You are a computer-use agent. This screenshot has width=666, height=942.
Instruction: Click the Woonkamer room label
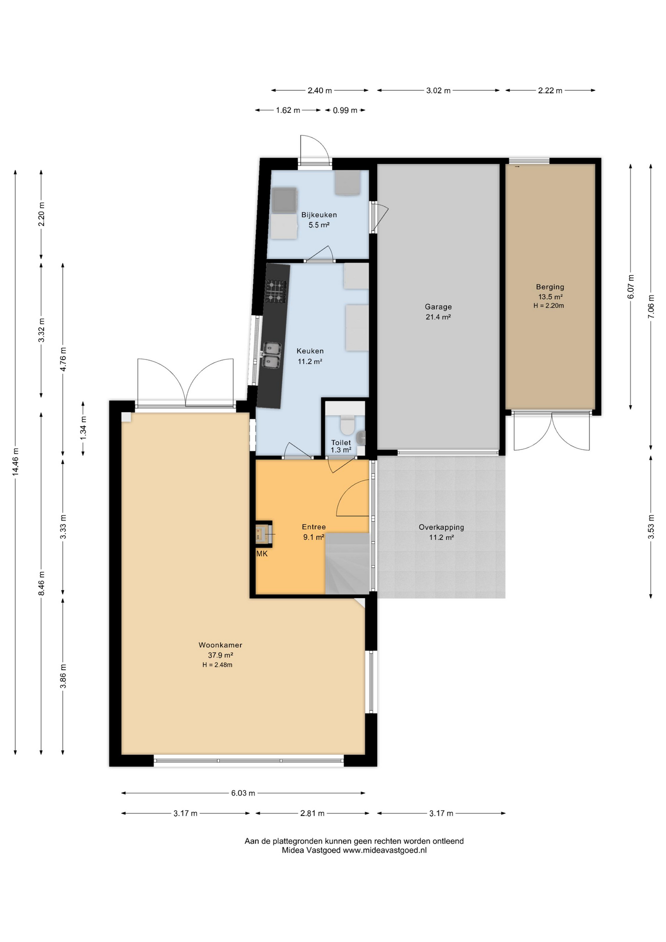pos(220,645)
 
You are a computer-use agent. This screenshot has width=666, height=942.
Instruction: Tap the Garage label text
pos(438,307)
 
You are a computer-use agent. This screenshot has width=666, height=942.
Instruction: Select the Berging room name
pos(550,287)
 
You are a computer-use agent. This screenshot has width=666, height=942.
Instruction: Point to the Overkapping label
pos(441,527)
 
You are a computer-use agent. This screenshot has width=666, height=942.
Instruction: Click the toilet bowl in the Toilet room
pos(348,424)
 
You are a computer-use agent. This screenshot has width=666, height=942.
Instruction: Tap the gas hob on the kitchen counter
pos(276,291)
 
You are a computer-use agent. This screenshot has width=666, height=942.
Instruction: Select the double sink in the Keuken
pos(271,355)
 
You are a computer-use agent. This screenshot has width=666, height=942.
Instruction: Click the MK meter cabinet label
pos(262,554)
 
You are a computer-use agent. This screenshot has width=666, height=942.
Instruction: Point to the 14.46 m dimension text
pos(16,461)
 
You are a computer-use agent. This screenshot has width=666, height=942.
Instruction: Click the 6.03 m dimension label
pos(243,793)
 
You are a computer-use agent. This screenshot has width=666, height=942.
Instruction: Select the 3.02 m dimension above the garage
pos(438,91)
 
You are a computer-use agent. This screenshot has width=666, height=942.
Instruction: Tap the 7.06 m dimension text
pos(651,307)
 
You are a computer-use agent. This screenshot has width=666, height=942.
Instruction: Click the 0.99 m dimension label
pos(345,110)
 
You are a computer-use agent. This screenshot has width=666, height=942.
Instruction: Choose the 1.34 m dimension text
pos(83,427)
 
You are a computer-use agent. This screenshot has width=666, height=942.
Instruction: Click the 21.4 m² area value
pos(438,317)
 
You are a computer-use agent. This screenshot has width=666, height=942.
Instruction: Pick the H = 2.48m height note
pos(217,665)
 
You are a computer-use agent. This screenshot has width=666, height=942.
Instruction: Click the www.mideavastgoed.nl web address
pos(384,850)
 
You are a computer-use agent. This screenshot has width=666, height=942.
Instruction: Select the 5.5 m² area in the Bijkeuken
pos(319,225)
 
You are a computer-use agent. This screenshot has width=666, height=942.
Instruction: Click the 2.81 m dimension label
pos(312,813)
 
